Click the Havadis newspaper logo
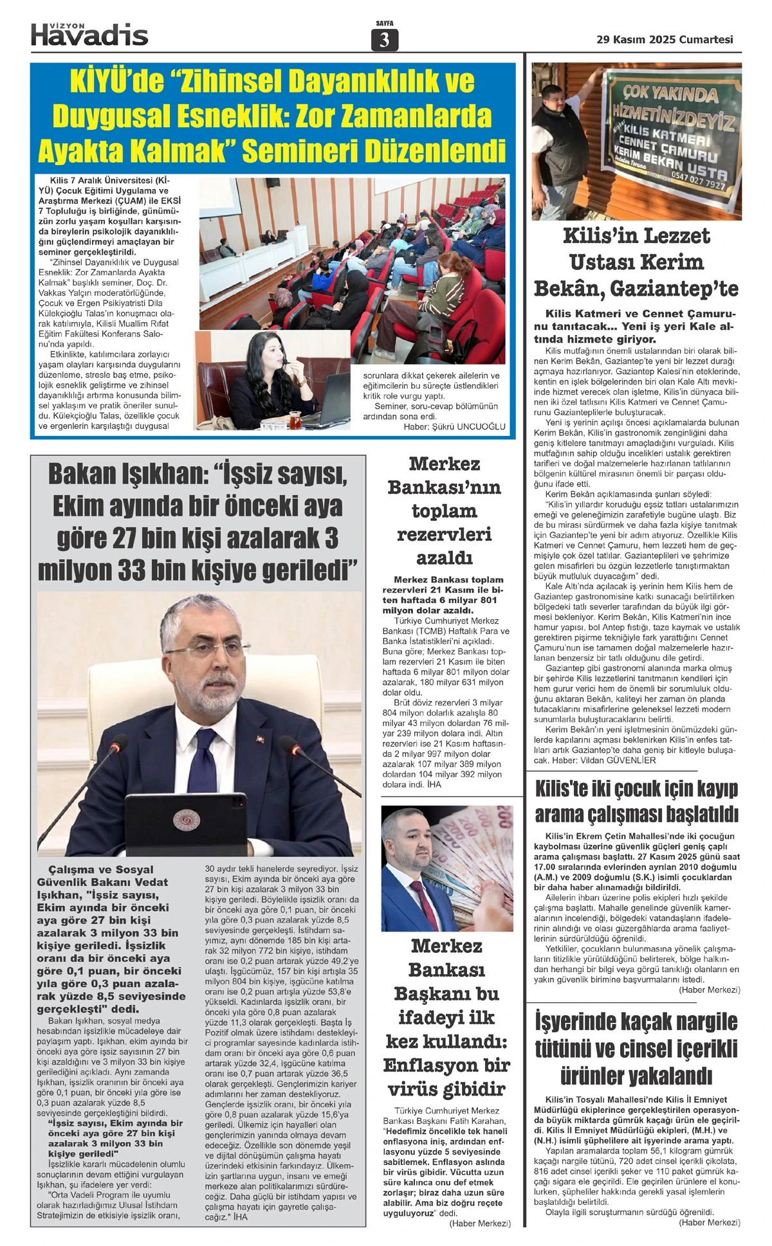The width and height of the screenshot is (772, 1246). point(89,34)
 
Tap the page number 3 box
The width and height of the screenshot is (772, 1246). point(385,40)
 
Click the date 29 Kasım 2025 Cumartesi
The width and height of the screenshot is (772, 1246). point(665,39)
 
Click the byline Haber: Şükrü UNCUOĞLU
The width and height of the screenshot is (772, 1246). point(454,426)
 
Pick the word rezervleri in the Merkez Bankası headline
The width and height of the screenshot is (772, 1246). point(444,534)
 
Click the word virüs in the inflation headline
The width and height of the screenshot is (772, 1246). point(417,1089)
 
